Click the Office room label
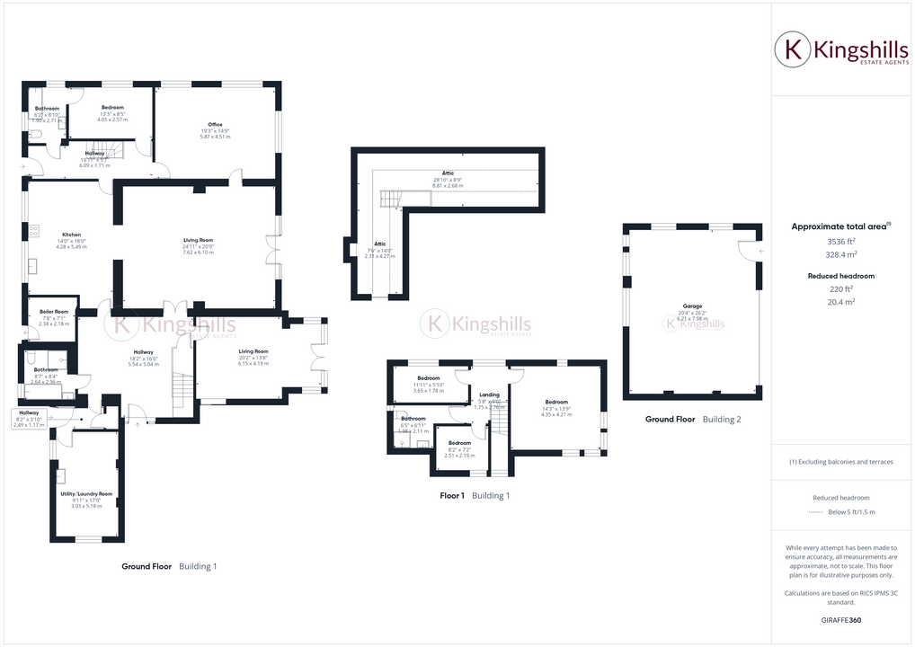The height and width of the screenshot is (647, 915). (215, 125)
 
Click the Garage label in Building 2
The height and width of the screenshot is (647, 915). (692, 306)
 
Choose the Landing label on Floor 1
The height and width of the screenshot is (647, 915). (489, 394)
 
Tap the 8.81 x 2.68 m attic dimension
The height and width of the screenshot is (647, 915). (448, 186)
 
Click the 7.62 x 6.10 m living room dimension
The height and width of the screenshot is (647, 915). (199, 253)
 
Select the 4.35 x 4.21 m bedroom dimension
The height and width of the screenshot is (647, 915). (557, 414)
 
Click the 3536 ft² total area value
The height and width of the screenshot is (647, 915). (840, 242)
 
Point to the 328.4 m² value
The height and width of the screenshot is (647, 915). (840, 254)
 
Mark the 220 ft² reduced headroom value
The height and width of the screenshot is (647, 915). (840, 288)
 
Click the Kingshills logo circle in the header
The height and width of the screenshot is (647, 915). (793, 49)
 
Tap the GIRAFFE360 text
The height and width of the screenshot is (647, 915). (840, 620)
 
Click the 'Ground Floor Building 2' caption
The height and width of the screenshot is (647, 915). (693, 420)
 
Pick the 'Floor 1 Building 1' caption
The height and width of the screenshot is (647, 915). (475, 495)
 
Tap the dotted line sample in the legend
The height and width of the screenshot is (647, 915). (817, 512)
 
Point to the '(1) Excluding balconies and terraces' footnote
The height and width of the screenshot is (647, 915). (840, 462)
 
